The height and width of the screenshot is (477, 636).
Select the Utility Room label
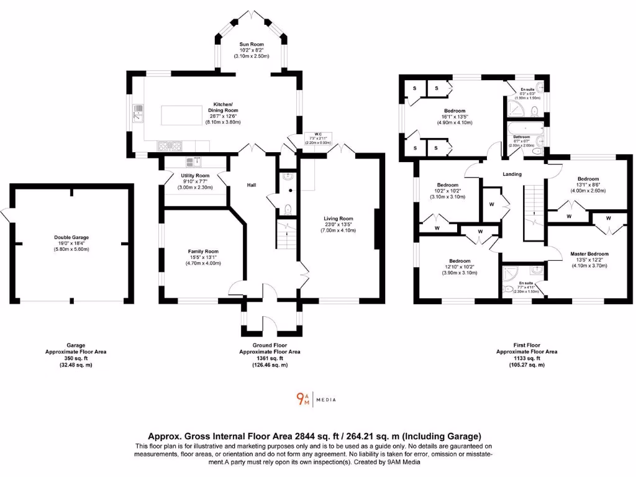tap(194, 176)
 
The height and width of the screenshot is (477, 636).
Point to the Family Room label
tap(203, 252)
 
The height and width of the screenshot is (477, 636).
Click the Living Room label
tap(338, 219)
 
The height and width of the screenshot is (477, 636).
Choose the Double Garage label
tap(71, 237)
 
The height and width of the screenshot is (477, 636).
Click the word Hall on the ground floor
tap(252, 185)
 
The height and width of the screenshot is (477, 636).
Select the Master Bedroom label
tap(589, 253)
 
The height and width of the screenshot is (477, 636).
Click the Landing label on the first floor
tap(512, 174)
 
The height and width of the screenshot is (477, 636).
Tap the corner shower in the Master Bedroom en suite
tap(511, 273)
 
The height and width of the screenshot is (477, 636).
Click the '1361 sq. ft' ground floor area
tap(270, 358)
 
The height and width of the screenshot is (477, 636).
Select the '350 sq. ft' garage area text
tap(76, 358)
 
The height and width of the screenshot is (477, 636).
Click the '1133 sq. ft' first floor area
tap(527, 358)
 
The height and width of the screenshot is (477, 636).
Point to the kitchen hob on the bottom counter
tap(169, 146)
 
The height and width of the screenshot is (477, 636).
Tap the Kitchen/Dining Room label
tap(223, 107)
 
